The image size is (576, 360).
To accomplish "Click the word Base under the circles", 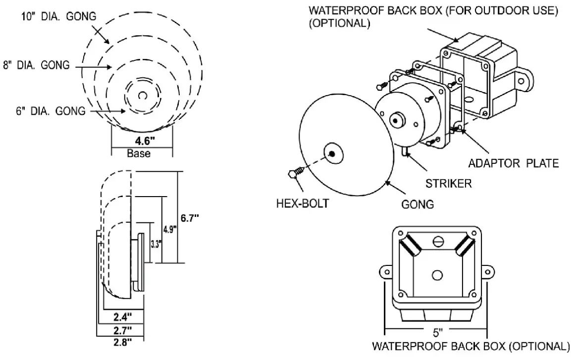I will pos(138,154).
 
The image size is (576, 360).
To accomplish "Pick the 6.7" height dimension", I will pos(190,218).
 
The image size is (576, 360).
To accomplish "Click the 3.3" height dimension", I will pos(155,244).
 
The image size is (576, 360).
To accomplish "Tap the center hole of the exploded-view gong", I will pos(332,154).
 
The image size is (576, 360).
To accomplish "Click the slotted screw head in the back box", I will pos(437,242).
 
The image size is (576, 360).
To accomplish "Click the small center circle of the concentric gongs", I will pos(142,95).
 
